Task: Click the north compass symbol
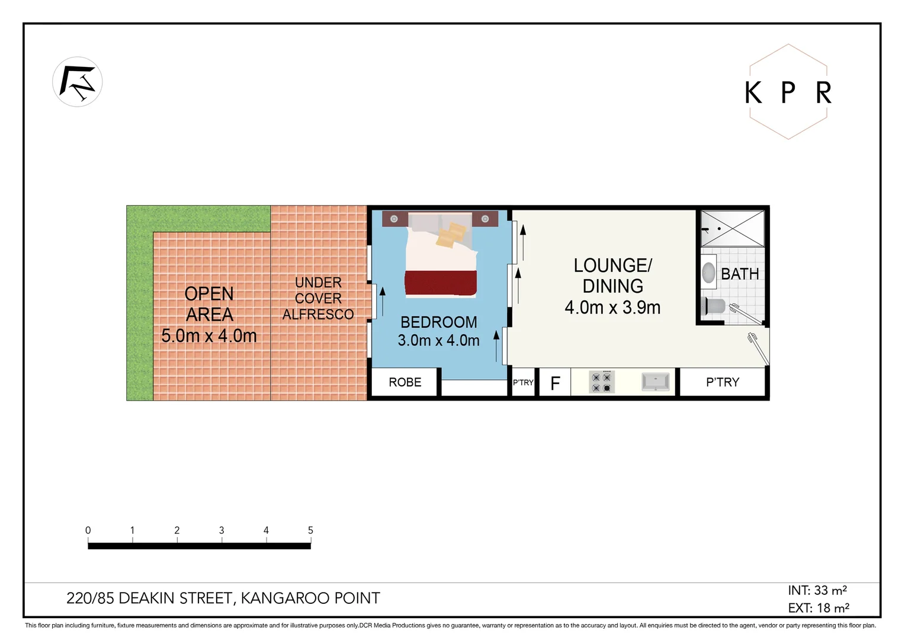(78, 82)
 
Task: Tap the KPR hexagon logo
(788, 92)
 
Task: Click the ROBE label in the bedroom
(405, 382)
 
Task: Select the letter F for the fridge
(555, 383)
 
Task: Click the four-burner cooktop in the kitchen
(601, 382)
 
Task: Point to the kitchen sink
(656, 382)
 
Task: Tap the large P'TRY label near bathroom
(723, 382)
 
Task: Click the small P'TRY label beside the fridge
(523, 383)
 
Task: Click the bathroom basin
(708, 273)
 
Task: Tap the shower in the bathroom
(733, 228)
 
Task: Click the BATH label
(740, 274)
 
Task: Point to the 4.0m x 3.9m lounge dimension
(612, 308)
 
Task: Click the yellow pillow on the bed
(451, 234)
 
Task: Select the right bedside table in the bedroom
(485, 219)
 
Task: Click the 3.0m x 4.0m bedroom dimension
(438, 341)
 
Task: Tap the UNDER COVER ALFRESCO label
(318, 299)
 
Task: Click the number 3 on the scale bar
(222, 530)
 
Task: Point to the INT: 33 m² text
(817, 590)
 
